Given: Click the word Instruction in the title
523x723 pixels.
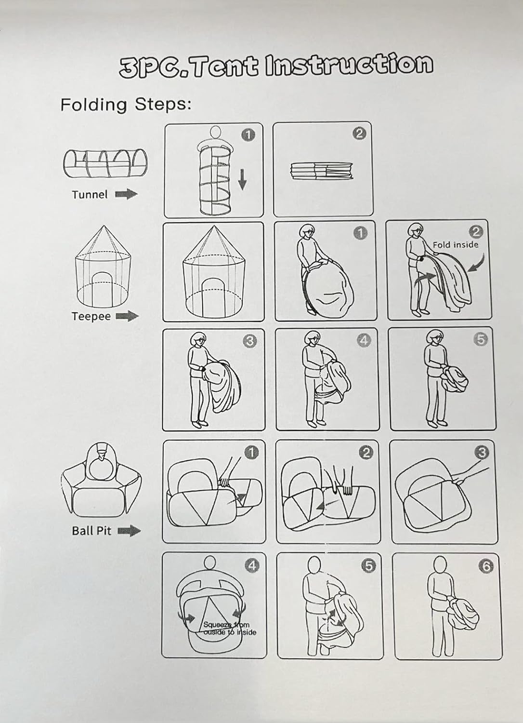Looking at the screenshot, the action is pos(349,65).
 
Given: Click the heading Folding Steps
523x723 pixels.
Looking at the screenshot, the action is pos(126,105).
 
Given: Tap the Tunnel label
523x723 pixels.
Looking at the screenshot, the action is pos(90,195).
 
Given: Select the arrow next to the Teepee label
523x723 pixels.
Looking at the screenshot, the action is pos(127,316).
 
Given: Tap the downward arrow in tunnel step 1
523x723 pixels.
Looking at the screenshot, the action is pos(242,180).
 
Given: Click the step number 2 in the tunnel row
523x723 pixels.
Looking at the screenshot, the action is pos(359,134).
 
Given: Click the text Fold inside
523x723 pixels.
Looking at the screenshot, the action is pos(455,245).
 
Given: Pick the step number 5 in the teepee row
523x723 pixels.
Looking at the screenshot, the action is pos(481,339).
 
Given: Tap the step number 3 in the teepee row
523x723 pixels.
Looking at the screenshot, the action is pos(250,341).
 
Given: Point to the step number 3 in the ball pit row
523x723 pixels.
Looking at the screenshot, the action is pos(482,453).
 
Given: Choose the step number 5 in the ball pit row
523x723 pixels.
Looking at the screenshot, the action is pos(368,566).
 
